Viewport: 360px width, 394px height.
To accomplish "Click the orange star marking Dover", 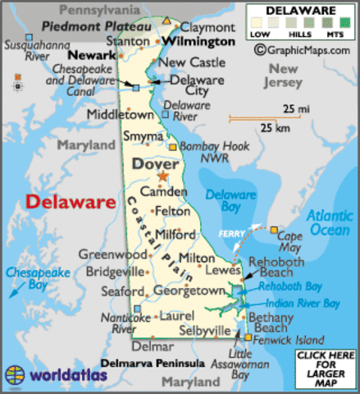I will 163,176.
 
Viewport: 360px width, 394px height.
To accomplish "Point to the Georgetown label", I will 189,291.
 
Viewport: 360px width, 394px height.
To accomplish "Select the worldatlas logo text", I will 65,375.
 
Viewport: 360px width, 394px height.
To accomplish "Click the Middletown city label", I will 120,114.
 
